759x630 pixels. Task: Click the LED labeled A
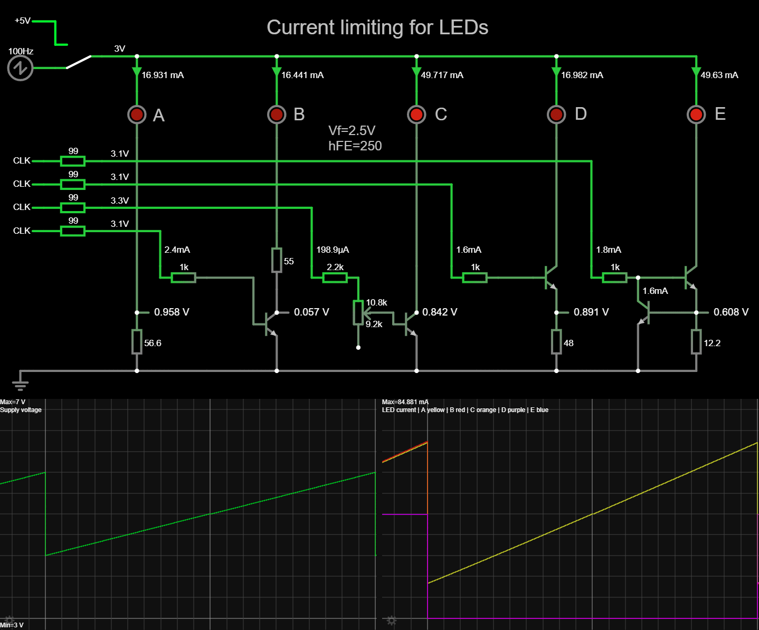click(137, 114)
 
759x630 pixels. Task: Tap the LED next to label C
click(416, 114)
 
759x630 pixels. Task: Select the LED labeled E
click(696, 114)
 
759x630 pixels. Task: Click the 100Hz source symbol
click(21, 68)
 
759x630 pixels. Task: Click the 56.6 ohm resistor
click(137, 342)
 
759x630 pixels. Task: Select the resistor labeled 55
click(277, 260)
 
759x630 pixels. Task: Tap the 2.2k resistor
click(335, 278)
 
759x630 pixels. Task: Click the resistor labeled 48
click(556, 342)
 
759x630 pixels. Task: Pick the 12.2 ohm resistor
click(696, 342)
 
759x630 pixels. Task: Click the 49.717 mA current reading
click(442, 75)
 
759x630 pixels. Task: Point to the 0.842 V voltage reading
click(439, 312)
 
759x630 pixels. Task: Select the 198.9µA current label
click(333, 250)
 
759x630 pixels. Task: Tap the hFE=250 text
click(355, 146)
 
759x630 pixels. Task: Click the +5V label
click(23, 21)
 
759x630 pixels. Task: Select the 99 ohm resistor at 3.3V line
click(73, 207)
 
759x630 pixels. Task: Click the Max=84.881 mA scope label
click(405, 402)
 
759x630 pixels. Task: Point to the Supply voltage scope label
click(21, 410)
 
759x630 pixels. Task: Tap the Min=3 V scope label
click(12, 625)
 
